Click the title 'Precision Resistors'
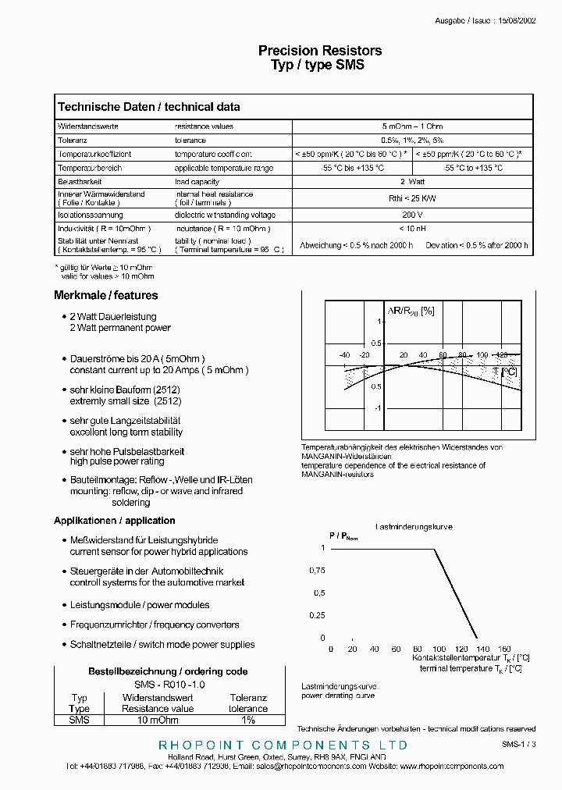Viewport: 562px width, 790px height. pos(320,51)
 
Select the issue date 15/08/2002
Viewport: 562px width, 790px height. pos(516,21)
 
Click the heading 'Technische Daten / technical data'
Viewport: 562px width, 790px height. pos(149,107)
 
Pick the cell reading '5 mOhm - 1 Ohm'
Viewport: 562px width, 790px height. pos(412,126)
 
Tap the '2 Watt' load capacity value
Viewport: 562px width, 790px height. pos(412,181)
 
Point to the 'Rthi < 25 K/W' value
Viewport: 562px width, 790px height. pos(412,198)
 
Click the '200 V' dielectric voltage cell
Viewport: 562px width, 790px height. pos(412,215)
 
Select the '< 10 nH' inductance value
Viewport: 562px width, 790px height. pos(412,228)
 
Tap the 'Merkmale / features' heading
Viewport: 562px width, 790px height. pos(105,296)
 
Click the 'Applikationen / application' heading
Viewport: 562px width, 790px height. pos(114,521)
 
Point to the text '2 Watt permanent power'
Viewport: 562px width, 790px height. pos(120,328)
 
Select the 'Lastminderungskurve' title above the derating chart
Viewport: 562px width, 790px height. pos(414,527)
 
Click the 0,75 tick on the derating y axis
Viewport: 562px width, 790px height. pos(316,571)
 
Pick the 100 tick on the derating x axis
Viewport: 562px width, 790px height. pos(439,649)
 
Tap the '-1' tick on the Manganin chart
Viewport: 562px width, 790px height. pos(377,408)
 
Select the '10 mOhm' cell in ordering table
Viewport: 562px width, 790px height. pos(158,720)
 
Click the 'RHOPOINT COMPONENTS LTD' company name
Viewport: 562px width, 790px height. pos(283,746)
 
